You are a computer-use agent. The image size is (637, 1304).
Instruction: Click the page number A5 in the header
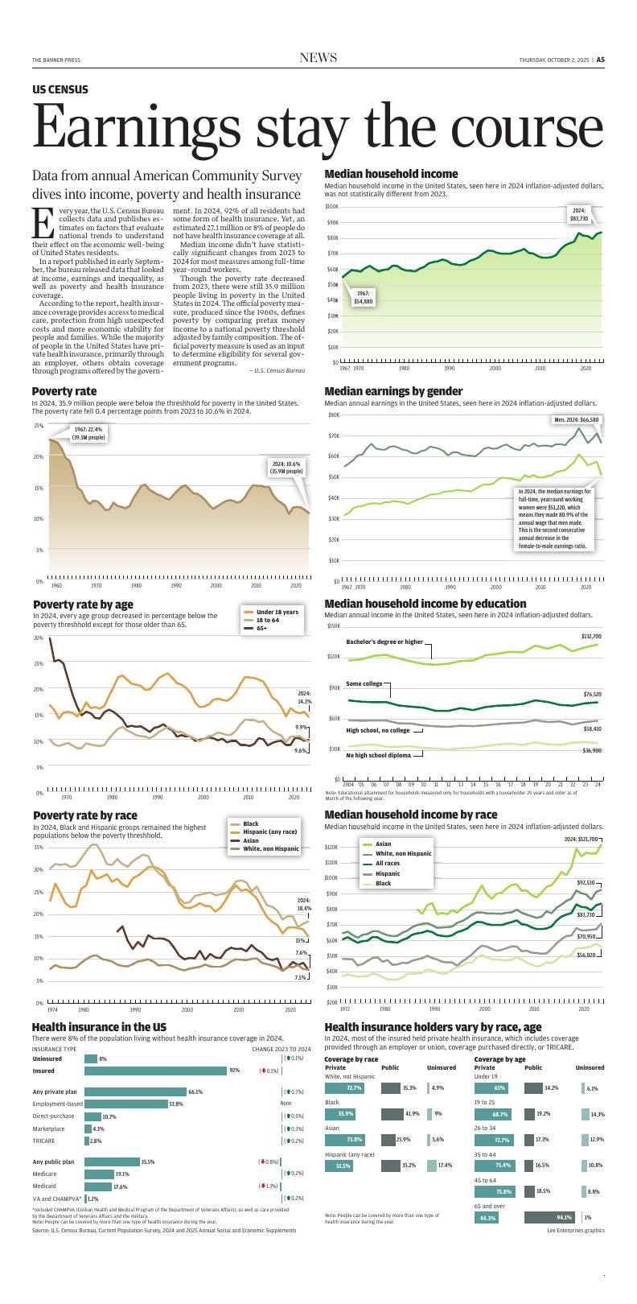(600, 59)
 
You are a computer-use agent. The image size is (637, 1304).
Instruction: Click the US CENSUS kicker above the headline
(60, 90)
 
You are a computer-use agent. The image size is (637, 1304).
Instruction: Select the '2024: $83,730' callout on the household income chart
(579, 214)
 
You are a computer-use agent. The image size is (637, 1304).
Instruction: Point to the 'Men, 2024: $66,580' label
(577, 419)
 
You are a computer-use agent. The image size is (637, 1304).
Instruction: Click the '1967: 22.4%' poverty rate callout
(88, 433)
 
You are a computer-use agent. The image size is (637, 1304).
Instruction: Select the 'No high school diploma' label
(378, 756)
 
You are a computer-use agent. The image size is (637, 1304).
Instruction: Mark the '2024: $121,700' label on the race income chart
(580, 840)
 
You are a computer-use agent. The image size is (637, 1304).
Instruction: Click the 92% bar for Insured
(155, 1071)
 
